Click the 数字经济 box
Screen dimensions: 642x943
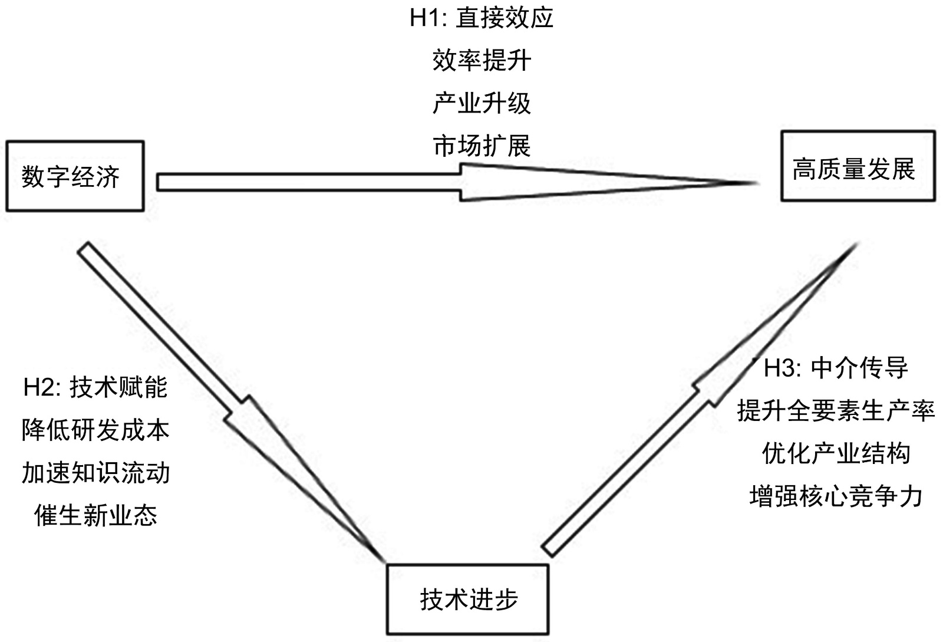(75, 176)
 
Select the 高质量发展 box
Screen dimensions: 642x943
(858, 166)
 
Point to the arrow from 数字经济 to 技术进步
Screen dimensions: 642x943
(230, 401)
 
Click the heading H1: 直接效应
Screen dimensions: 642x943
(482, 18)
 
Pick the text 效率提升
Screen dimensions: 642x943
(482, 60)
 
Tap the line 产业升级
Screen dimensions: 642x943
(482, 103)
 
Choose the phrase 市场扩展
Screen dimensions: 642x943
(482, 146)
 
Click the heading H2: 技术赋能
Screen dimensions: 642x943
(95, 387)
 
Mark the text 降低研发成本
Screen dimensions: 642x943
(95, 430)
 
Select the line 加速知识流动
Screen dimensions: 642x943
(95, 473)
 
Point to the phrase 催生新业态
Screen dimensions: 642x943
(95, 515)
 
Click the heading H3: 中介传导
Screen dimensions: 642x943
(836, 368)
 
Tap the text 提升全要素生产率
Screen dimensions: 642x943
(836, 411)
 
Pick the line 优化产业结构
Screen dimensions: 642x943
(836, 453)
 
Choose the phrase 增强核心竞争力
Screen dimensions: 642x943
(836, 496)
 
